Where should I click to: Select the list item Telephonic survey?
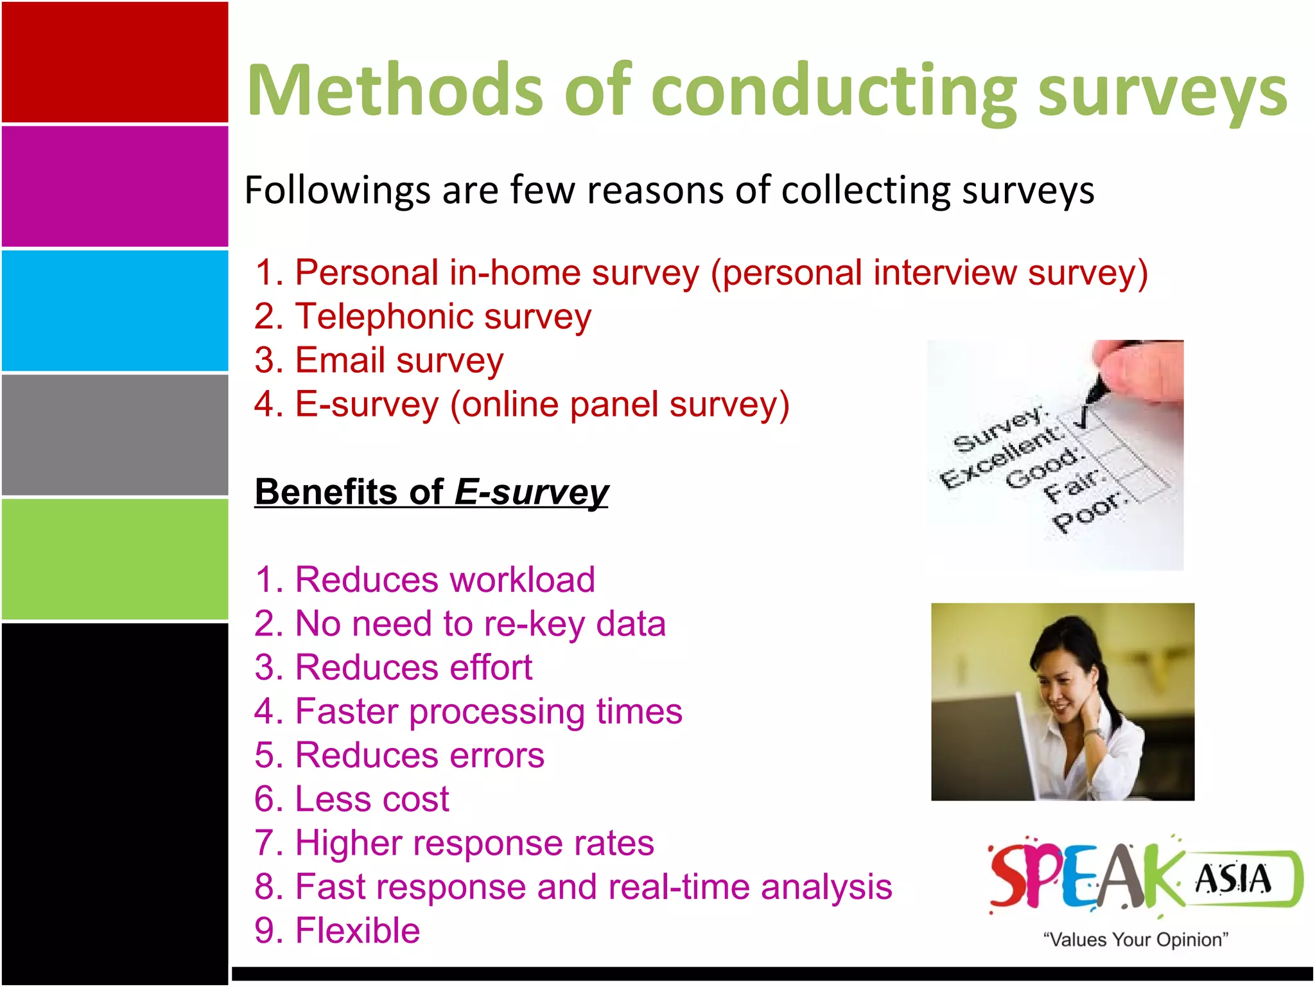click(422, 316)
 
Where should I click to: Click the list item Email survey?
click(379, 360)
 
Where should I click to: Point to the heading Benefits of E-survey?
click(431, 492)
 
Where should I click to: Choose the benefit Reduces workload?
click(425, 579)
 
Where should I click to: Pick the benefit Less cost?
click(352, 799)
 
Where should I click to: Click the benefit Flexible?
click(338, 930)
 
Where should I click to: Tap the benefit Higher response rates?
click(455, 842)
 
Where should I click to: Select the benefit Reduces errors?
click(399, 755)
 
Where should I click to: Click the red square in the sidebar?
click(115, 62)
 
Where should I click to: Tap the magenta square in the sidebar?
click(115, 186)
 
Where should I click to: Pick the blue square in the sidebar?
click(115, 311)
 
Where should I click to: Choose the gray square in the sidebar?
click(115, 435)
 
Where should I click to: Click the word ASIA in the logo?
click(1233, 879)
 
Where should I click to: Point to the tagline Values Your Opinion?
click(1135, 939)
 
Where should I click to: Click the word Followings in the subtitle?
click(338, 191)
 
